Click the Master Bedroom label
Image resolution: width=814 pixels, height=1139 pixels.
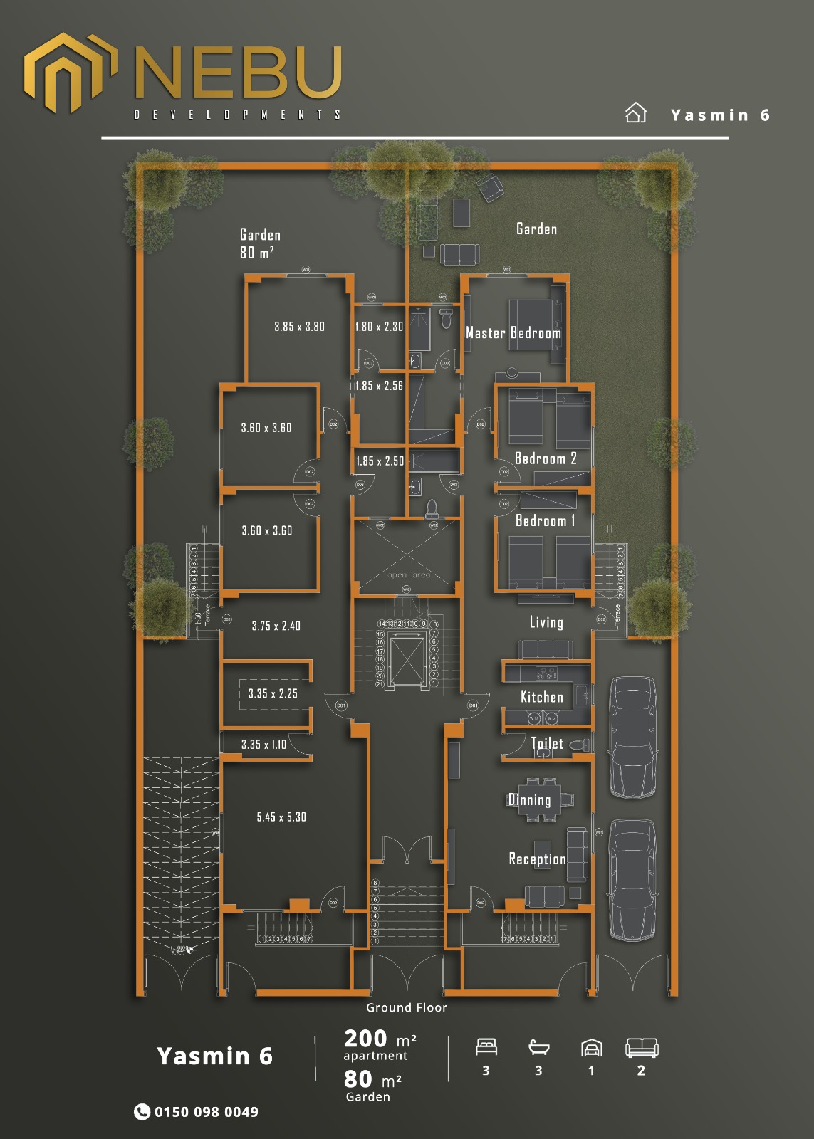coord(513,333)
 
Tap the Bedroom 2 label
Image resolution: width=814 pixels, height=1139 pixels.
coord(546,459)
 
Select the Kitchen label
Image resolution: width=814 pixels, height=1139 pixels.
coord(541,697)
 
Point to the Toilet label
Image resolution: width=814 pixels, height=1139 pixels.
coord(547,744)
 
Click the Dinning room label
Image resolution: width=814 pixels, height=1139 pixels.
coord(529,800)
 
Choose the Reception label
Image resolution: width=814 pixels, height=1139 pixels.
coord(537,859)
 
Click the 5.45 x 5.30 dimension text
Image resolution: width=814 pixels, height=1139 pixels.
coord(281,817)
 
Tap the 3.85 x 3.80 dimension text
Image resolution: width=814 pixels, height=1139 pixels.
coord(299,327)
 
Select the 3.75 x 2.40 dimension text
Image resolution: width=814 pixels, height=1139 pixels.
coord(276,626)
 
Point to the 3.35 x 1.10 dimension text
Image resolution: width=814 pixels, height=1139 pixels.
coord(263,745)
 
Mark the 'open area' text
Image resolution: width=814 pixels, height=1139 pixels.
coord(409,575)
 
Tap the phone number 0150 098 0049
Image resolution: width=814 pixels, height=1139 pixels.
coord(206,1112)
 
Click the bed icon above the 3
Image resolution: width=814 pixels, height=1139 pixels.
coord(486,1047)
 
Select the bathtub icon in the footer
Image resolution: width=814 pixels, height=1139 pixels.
coord(539,1047)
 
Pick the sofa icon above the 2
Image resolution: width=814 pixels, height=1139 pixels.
coord(641,1047)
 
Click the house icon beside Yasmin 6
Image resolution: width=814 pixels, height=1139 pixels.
coord(635,113)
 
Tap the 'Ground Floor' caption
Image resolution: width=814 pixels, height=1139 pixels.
coord(407,1007)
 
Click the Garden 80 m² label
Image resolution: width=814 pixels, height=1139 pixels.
coord(260,243)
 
